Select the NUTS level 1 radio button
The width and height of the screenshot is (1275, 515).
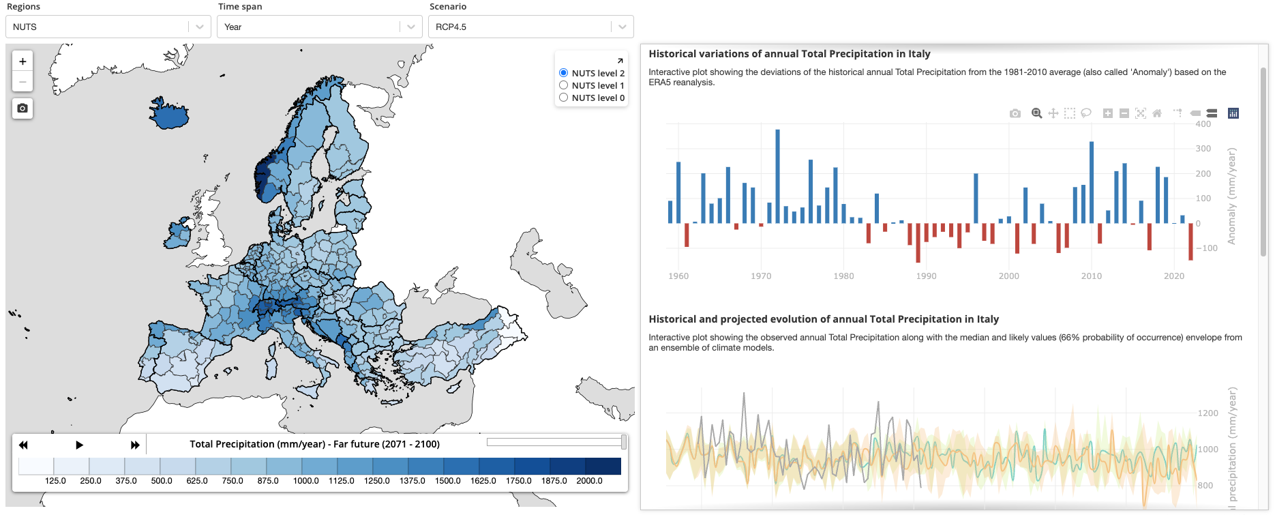[x=564, y=85]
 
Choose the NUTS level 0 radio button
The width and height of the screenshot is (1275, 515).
[x=564, y=98]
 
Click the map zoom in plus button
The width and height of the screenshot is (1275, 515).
[x=22, y=61]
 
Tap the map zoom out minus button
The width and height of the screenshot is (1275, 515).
[x=22, y=82]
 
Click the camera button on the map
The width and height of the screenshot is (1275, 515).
[x=22, y=108]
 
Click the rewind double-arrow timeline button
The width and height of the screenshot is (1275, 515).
[x=23, y=445]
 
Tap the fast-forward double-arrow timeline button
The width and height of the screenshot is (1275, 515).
[x=135, y=445]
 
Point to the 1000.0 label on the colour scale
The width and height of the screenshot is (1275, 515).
[x=305, y=481]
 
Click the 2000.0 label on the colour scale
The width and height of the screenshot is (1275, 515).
[x=589, y=481]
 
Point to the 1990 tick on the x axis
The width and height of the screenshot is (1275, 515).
[x=926, y=276]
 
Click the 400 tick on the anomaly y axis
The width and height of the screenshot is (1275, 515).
[x=1203, y=124]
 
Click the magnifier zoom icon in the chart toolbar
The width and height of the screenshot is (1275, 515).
[x=1036, y=113]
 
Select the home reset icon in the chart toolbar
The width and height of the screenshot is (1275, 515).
[x=1157, y=113]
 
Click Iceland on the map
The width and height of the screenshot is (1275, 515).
[x=169, y=115]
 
